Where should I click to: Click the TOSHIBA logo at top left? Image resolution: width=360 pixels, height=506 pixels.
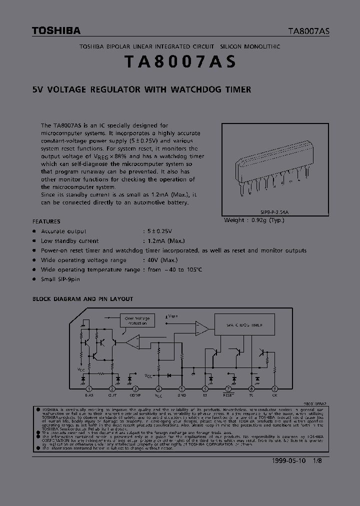coord(56,31)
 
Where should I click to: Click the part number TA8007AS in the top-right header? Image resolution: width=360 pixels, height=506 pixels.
coord(308,31)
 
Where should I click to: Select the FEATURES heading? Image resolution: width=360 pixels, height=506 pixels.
coord(46,221)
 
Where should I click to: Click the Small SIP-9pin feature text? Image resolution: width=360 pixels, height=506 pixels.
coord(60,279)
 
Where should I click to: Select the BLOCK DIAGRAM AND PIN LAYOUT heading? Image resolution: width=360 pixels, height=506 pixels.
coord(83,299)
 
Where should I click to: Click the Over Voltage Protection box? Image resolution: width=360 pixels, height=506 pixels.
coord(136,320)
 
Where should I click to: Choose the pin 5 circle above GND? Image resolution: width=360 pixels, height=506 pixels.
coord(181,388)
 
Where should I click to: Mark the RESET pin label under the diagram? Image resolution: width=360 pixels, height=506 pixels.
coord(228,395)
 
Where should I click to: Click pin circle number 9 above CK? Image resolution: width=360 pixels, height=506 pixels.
coord(274,388)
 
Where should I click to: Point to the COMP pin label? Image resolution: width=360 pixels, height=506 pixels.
coord(135,395)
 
